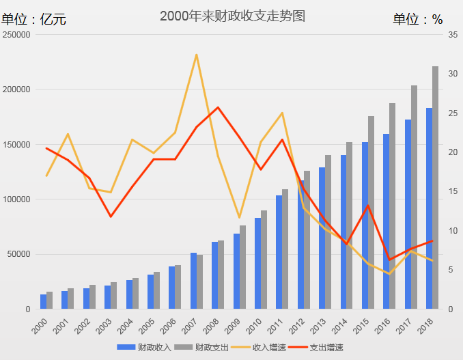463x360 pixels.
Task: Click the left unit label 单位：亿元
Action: click(x=33, y=19)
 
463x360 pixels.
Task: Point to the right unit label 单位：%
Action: click(x=417, y=19)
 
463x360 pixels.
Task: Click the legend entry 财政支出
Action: click(x=205, y=348)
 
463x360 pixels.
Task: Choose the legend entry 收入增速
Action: click(x=262, y=348)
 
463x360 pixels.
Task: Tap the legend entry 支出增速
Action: click(x=320, y=348)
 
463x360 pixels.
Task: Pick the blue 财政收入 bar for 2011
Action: click(x=279, y=252)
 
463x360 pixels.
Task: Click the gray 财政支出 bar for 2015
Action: click(x=371, y=212)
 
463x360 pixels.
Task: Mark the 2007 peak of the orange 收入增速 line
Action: click(x=197, y=55)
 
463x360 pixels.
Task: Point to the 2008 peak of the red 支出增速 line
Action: click(x=218, y=107)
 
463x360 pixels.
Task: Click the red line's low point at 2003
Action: click(x=111, y=217)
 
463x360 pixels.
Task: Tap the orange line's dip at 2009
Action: click(x=239, y=217)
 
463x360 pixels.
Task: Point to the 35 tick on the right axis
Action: click(x=453, y=35)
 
